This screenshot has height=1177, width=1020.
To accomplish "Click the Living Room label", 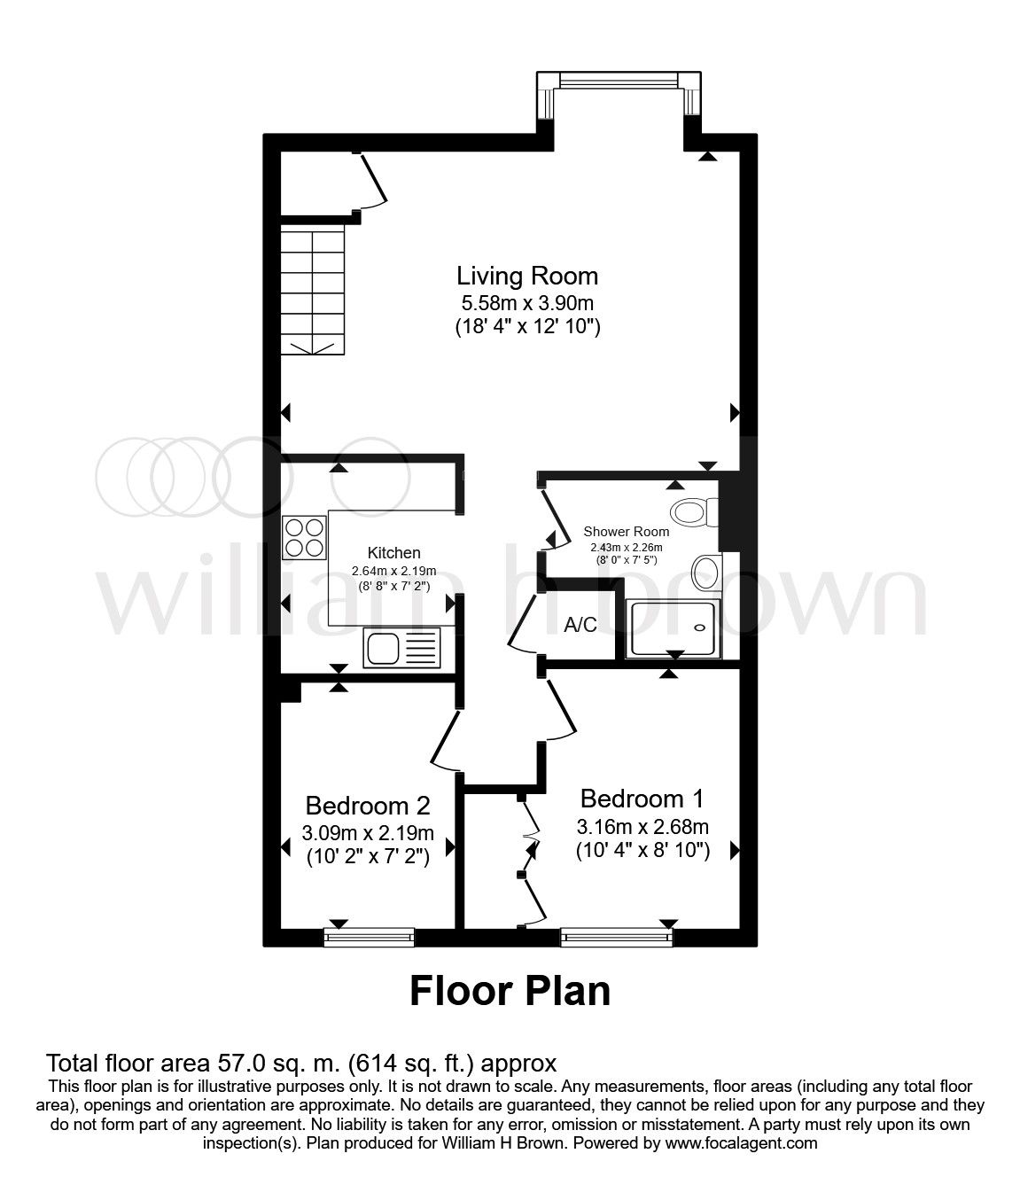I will (x=527, y=275).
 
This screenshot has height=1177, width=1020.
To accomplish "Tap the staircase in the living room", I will (x=312, y=289).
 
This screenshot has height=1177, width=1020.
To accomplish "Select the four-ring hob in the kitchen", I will (x=304, y=537).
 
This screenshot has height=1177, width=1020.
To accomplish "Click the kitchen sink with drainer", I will (x=401, y=649).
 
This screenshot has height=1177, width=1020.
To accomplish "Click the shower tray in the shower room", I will (x=674, y=628).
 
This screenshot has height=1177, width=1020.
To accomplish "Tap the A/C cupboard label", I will (x=580, y=625).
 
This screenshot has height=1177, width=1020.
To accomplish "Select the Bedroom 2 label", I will (x=368, y=806).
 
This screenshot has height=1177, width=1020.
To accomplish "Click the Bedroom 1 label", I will (x=642, y=799).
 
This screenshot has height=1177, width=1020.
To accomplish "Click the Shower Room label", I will (x=626, y=532).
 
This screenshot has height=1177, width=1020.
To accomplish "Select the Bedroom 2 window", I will (x=370, y=937).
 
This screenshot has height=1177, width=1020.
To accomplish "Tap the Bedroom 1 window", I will (x=617, y=937).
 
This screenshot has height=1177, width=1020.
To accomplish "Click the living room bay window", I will (x=620, y=81).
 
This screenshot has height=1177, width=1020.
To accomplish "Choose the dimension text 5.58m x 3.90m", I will (x=527, y=301).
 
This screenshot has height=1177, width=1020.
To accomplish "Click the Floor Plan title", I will (x=510, y=991).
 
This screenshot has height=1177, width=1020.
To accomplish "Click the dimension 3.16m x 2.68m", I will (x=642, y=828).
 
